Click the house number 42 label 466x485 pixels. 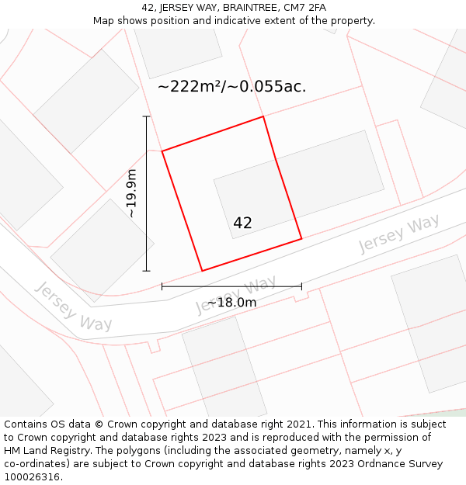[x=242, y=223]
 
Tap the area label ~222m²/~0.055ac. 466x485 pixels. [x=231, y=86]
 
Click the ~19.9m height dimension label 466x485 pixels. [x=132, y=193]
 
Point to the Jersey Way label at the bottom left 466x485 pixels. [x=74, y=307]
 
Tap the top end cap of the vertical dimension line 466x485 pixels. [x=146, y=116]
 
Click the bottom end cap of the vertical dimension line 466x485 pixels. [x=146, y=271]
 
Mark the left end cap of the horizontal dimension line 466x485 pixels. [x=162, y=286]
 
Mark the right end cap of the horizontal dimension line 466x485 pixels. [x=301, y=286]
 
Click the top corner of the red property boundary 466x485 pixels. [x=263, y=116]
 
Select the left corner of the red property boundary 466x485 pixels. [x=162, y=151]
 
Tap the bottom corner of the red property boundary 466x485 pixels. [x=202, y=271]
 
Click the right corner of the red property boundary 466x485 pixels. [x=301, y=238]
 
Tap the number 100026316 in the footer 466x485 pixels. [x=33, y=477]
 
